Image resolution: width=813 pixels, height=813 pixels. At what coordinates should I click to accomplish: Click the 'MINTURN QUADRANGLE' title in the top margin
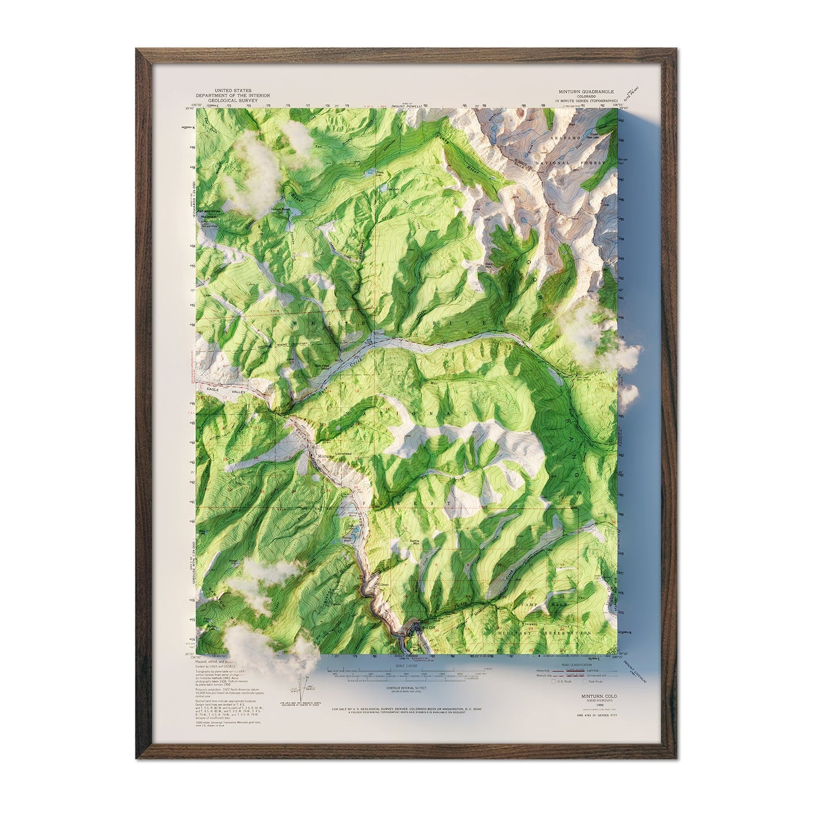(x=586, y=91)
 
